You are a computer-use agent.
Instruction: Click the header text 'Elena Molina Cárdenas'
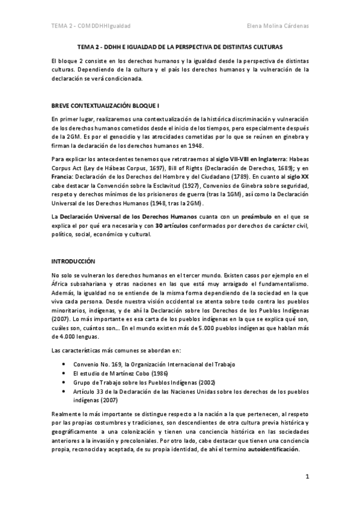coord(277,26)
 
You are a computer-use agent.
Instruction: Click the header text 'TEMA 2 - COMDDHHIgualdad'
coord(91,26)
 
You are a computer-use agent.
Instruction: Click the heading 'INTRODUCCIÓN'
coord(74,262)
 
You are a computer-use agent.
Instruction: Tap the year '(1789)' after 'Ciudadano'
coord(237,178)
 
